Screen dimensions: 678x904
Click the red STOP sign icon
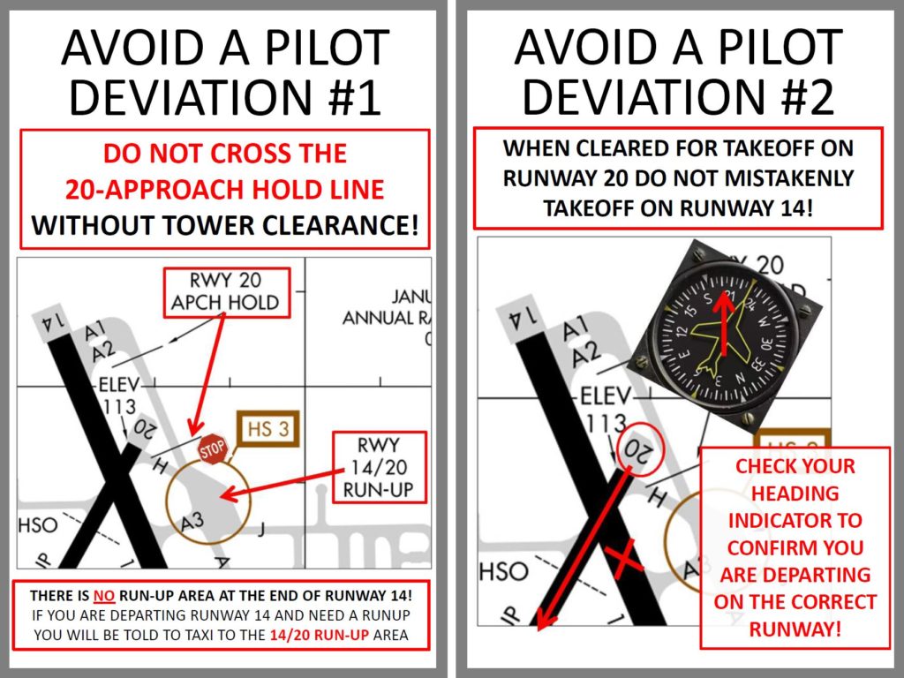tap(212, 448)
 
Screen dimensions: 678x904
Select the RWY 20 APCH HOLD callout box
tap(225, 292)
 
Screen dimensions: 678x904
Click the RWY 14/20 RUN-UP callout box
tap(379, 467)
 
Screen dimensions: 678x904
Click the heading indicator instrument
tap(727, 335)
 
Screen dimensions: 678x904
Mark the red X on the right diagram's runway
tap(623, 559)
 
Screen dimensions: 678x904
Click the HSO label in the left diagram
tap(38, 525)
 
